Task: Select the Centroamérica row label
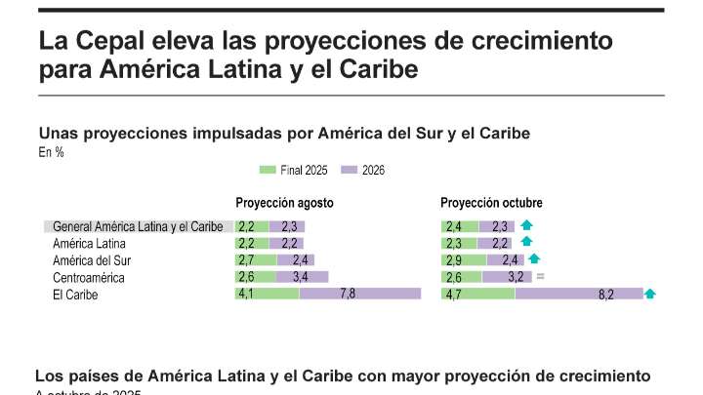90,277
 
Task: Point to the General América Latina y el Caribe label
138,226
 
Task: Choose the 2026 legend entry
362,170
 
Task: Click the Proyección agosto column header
284,203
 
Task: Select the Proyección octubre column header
491,203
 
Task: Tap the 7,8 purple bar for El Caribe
359,294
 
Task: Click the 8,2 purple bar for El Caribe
578,294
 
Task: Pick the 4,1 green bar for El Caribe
267,294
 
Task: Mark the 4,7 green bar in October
477,294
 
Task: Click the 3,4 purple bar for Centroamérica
302,277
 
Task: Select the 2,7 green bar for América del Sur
256,260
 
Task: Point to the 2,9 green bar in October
463,260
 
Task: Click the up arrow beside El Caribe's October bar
650,294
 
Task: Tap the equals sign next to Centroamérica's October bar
539,277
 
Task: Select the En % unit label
51,151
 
